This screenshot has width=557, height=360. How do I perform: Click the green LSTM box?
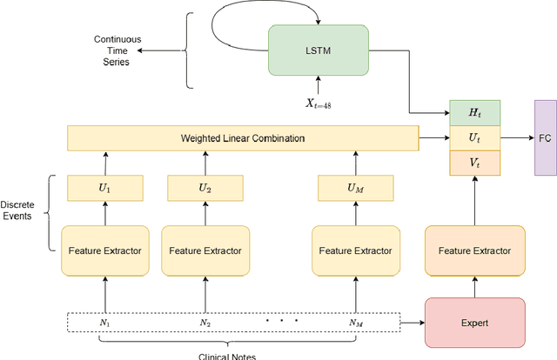pos(319,50)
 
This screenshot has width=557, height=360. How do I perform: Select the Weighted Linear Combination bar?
pos(243,138)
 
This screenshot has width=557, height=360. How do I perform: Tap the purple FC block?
pos(546,137)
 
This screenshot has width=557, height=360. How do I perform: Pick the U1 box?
pos(104,187)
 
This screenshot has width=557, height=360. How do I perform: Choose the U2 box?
pos(205,187)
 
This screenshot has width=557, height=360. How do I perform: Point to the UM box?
pos(354,187)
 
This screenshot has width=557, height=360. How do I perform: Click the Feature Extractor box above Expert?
pos(474,250)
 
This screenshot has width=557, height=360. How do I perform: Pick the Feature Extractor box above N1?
pos(104,250)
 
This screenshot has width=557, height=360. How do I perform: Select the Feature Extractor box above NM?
pos(354,250)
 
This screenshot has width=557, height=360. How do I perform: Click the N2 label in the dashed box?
pos(205,322)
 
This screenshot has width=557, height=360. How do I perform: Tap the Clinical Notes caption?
pos(228,354)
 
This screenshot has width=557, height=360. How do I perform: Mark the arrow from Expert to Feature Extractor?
pos(474,286)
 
